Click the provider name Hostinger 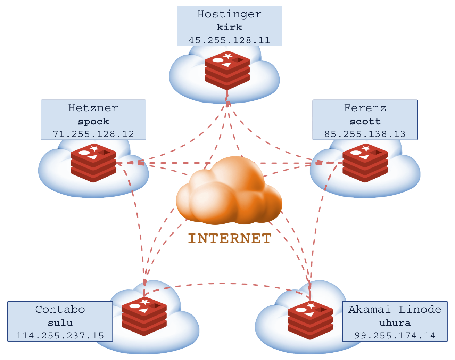pos(229,14)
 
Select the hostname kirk pos(229,27)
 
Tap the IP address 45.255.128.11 pos(229,40)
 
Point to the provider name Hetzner pos(93,108)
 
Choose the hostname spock pos(93,121)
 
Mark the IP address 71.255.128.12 pos(93,134)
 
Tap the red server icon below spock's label pos(93,163)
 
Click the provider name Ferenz pos(365,108)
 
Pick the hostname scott pos(365,121)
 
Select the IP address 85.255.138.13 pos(365,134)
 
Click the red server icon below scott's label pos(365,163)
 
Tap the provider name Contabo pos(60,310)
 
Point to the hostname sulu pos(60,322)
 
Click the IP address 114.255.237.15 pos(60,335)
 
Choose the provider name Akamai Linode pos(395,310)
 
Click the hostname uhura pos(395,322)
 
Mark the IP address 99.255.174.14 pos(395,335)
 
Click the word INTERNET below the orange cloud pos(230,238)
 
